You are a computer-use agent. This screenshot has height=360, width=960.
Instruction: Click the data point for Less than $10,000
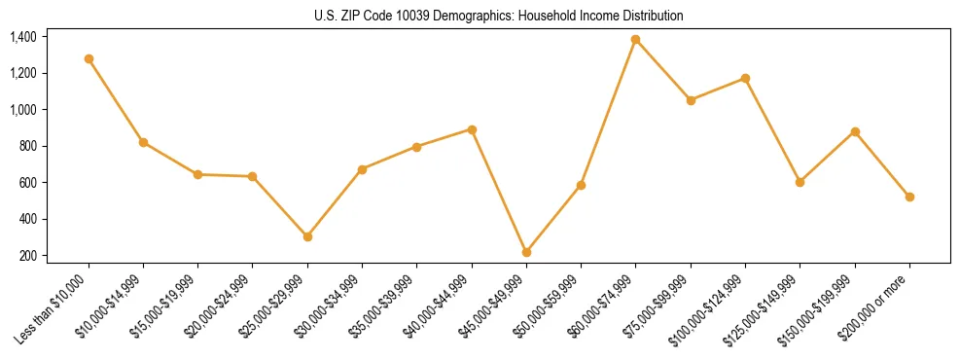[x=89, y=58]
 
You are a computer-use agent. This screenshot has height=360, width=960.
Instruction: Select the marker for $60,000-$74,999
[x=635, y=39]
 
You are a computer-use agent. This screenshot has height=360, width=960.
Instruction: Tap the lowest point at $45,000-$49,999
[x=526, y=252]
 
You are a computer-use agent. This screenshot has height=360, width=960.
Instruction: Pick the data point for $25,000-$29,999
[x=307, y=236]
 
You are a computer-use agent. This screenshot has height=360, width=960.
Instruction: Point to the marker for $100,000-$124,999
[x=745, y=78]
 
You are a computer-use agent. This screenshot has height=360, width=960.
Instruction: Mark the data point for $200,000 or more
[x=909, y=197]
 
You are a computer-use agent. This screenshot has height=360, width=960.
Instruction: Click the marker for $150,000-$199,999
[x=855, y=131]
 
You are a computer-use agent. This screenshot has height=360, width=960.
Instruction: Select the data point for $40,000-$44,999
[x=472, y=129]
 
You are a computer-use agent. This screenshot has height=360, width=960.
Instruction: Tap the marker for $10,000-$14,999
[x=143, y=142]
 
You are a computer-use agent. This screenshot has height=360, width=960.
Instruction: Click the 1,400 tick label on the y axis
[x=23, y=37]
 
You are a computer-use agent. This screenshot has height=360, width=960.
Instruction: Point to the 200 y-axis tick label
[x=27, y=256]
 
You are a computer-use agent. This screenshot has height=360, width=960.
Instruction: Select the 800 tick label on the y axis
[x=27, y=146]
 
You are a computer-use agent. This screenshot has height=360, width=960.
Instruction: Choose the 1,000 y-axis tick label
[x=23, y=110]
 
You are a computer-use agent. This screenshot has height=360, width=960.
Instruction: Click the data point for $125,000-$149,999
[x=800, y=182]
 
